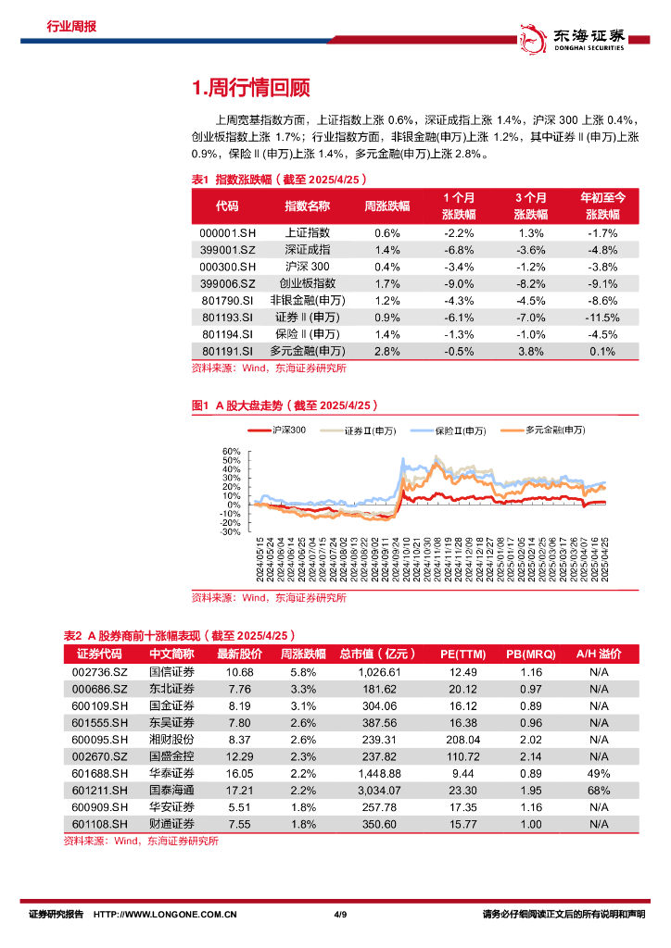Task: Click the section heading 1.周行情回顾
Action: [x=249, y=88]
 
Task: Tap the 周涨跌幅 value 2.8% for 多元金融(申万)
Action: [x=387, y=351]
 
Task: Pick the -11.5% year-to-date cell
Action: [x=603, y=318]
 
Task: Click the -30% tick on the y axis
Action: [x=230, y=531]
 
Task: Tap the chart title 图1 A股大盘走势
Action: [x=284, y=405]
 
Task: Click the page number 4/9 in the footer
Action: [x=338, y=915]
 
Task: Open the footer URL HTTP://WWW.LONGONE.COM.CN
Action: [x=166, y=915]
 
